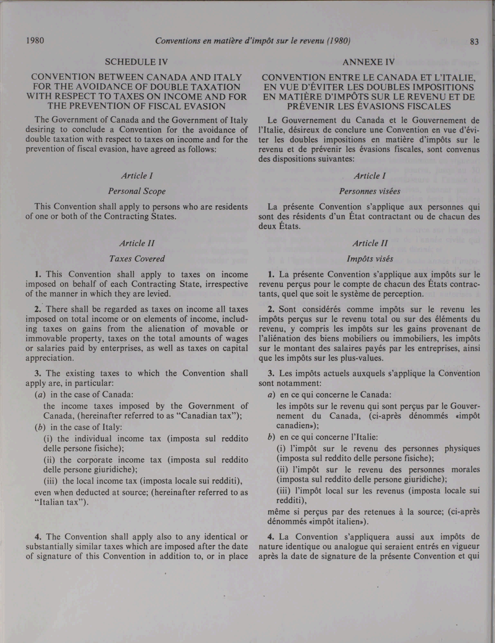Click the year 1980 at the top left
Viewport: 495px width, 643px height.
pyautogui.click(x=35, y=40)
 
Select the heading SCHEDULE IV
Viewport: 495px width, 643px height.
pyautogui.click(x=137, y=62)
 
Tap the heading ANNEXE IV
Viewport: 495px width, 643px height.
pyautogui.click(x=369, y=62)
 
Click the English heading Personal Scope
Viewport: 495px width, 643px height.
pyautogui.click(x=137, y=191)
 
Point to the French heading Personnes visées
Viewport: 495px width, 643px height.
pyautogui.click(x=370, y=191)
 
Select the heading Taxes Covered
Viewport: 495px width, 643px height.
pyautogui.click(x=137, y=259)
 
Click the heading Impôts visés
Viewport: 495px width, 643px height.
pyautogui.click(x=370, y=259)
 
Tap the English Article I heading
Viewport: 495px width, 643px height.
pyautogui.click(x=137, y=176)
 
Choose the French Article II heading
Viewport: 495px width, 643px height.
pyautogui.click(x=370, y=243)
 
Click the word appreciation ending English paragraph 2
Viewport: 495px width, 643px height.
pyautogui.click(x=50, y=358)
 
